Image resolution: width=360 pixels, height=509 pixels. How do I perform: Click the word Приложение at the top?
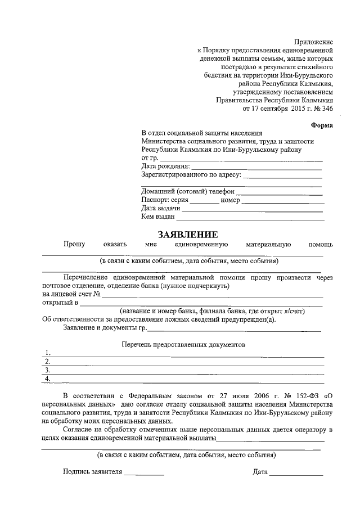(x=314, y=42)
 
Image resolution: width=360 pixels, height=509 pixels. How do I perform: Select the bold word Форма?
(x=322, y=125)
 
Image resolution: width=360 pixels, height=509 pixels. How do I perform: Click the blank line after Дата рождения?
(x=256, y=167)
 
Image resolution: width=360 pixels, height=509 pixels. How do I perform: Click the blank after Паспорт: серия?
(x=204, y=200)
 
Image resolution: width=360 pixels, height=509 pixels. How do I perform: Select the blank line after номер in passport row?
(x=283, y=200)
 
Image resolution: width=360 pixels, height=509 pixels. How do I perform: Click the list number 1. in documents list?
(x=48, y=353)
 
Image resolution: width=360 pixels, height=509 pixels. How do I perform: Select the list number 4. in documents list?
(x=48, y=379)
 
